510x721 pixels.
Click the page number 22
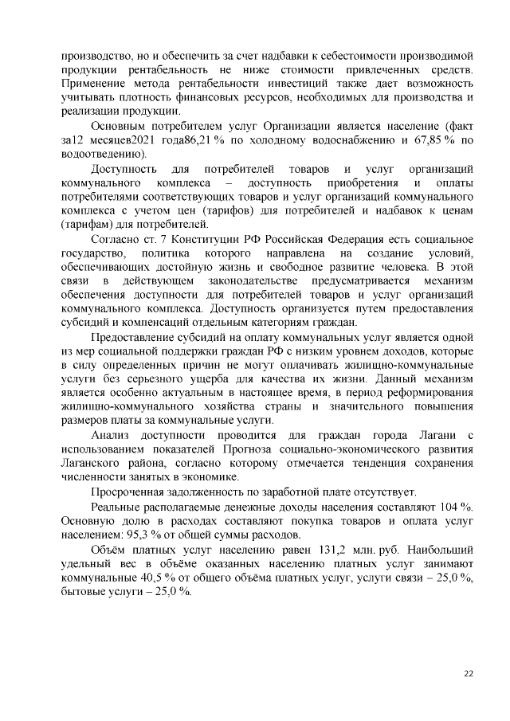click(x=469, y=674)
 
